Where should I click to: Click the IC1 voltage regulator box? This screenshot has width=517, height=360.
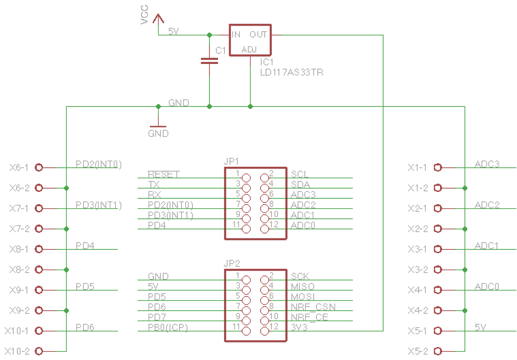(250, 40)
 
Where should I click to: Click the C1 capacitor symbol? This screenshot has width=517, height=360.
(209, 61)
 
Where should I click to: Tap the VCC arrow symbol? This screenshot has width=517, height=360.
(158, 19)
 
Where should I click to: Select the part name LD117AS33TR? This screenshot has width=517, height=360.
(291, 72)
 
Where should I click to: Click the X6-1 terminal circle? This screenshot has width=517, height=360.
(39, 168)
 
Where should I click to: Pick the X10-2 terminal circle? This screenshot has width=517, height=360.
(39, 351)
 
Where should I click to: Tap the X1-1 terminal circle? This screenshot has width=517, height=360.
(437, 168)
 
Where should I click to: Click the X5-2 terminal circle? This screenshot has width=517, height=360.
(437, 351)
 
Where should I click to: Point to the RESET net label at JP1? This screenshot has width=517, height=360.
(164, 175)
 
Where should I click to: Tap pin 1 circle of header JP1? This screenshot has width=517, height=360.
(246, 178)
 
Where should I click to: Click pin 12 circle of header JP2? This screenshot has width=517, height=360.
(265, 331)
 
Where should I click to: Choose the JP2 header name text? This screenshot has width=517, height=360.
(232, 264)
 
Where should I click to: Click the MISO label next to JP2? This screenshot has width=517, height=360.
(302, 286)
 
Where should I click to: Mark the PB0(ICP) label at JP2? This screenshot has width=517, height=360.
(168, 327)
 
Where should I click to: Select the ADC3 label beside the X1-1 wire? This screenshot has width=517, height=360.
(487, 164)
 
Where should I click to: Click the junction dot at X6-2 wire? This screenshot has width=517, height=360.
(67, 188)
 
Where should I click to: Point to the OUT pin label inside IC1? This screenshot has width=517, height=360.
(258, 35)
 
